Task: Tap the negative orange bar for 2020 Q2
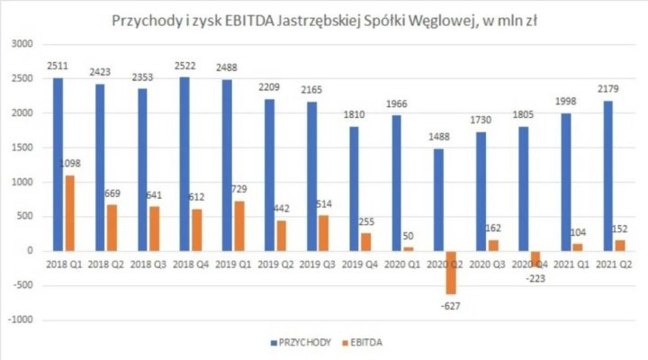449,272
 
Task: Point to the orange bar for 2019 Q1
238,225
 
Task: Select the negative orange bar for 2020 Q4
535,258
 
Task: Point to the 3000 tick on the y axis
21,44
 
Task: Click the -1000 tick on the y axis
19,319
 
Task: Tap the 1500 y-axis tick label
21,148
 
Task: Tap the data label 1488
440,139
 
